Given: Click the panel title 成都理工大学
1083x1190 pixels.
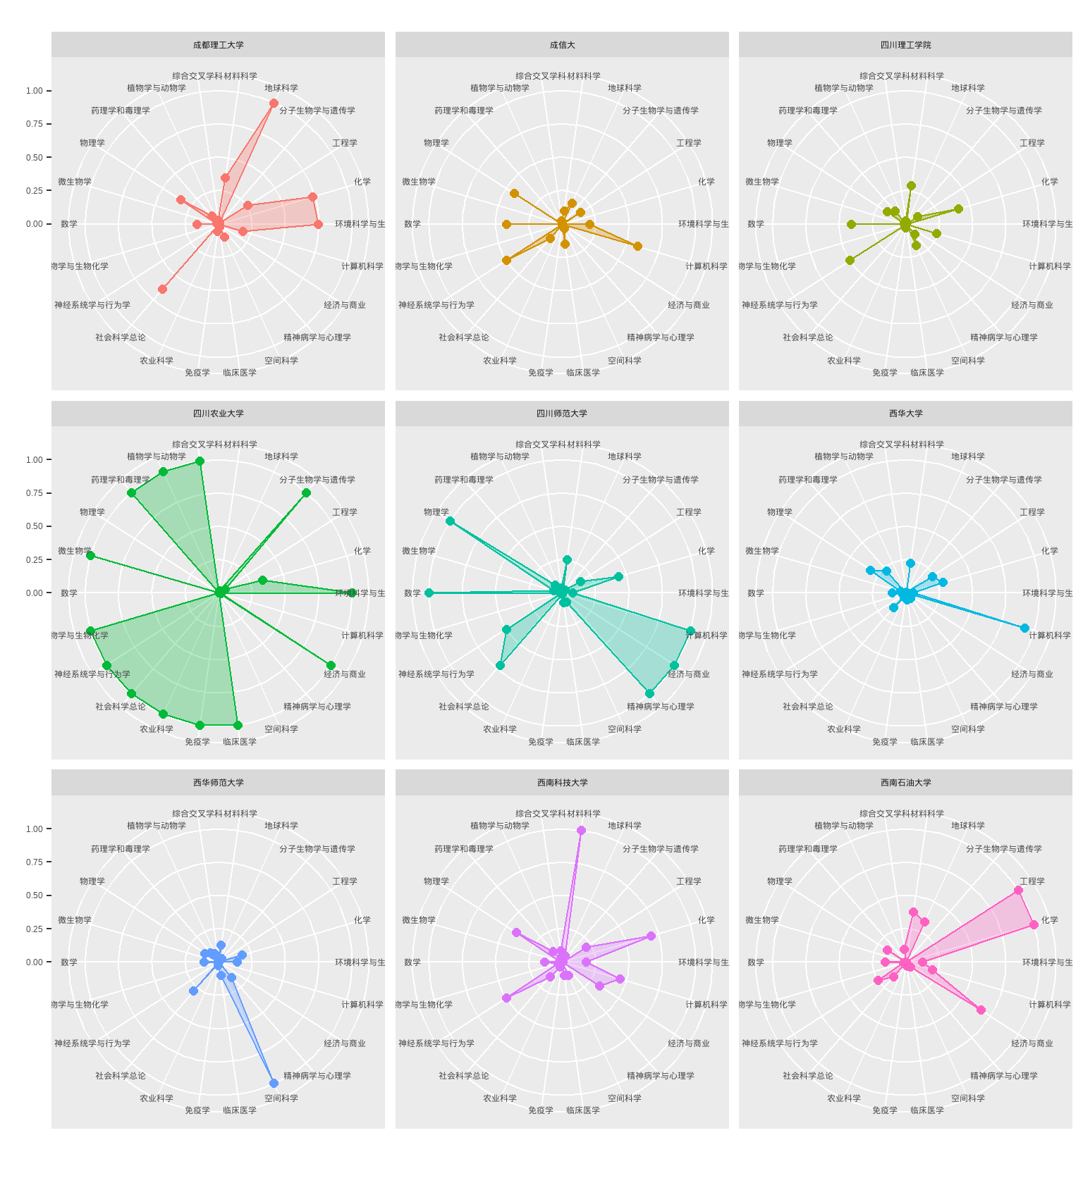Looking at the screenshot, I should tap(219, 45).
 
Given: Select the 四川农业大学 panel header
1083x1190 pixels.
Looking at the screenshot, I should tap(219, 414).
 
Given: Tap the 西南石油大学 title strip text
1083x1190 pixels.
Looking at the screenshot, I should tap(905, 783).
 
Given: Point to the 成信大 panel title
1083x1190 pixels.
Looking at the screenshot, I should tap(562, 45).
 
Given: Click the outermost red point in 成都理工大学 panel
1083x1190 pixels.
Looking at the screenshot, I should tap(274, 104).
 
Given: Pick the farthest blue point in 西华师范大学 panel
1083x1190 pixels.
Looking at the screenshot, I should tap(274, 1083).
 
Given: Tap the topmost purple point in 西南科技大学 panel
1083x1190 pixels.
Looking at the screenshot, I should tap(581, 831).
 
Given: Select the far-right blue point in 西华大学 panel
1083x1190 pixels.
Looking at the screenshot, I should tap(1024, 628).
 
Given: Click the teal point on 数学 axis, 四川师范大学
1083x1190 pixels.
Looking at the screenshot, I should tap(429, 593).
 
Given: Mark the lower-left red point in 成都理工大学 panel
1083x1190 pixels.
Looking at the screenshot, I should tap(163, 289).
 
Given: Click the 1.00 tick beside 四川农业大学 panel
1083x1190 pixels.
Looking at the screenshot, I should tap(35, 460).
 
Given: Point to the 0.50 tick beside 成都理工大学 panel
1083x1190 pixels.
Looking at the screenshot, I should tap(35, 158).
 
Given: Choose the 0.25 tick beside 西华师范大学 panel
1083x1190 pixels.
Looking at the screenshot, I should tap(35, 929).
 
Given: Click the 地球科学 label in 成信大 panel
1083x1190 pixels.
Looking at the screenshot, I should tap(625, 88).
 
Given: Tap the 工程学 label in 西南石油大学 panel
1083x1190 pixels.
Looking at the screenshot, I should tap(1032, 881).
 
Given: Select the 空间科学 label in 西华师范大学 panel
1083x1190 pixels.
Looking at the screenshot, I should tap(281, 1098).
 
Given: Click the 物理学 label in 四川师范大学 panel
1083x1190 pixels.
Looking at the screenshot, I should tap(436, 512).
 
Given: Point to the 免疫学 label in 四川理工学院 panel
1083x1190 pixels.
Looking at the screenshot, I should tap(885, 373).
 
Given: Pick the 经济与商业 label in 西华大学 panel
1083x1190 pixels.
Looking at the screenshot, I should tap(1032, 674).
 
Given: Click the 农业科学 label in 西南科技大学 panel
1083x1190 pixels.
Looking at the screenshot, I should tap(500, 1098).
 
